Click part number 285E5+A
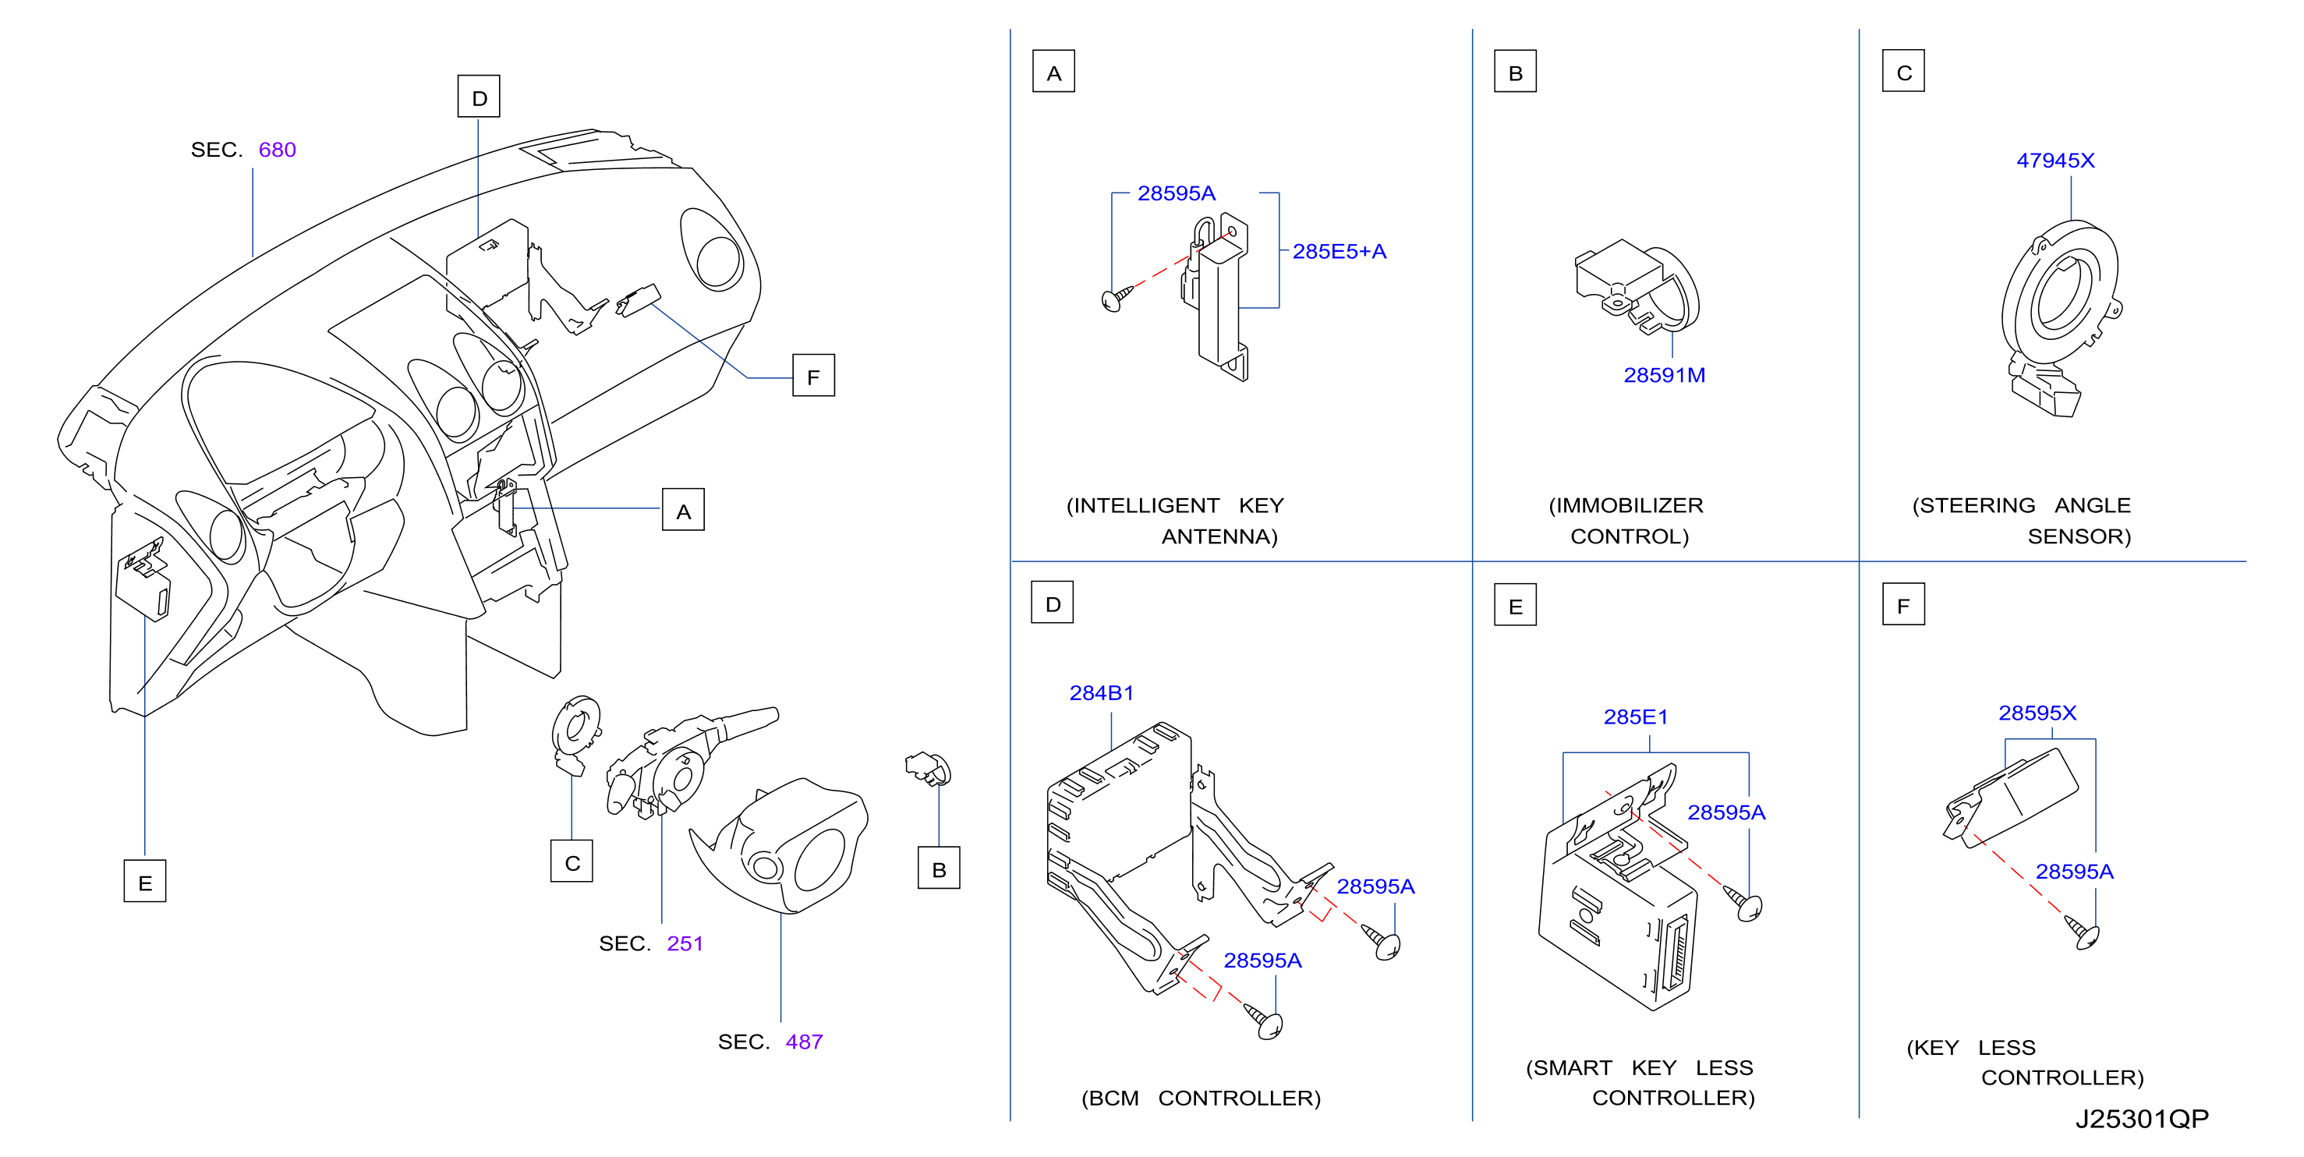coord(1339,251)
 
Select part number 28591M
coord(1665,376)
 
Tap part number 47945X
coord(2055,161)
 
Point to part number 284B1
coord(1102,693)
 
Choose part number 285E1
coord(1636,717)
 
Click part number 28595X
coord(2037,713)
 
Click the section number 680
coord(278,150)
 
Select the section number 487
coord(804,1042)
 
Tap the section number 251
coord(685,943)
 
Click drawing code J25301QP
coord(2142,1120)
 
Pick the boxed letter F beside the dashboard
coord(813,376)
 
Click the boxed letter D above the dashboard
coord(479,97)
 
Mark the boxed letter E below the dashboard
coord(145,882)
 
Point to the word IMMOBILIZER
coord(1630,506)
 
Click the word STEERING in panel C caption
coord(1977,506)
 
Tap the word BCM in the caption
coord(1113,1099)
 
